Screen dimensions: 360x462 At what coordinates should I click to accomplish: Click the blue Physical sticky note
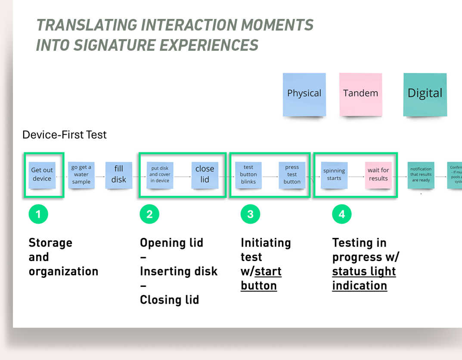(304, 94)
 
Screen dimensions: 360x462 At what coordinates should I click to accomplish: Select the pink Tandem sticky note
(360, 94)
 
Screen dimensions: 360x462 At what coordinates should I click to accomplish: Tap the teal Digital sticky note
(425, 94)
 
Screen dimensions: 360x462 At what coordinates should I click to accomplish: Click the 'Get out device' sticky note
(42, 175)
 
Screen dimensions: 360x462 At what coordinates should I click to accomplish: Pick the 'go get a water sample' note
(81, 175)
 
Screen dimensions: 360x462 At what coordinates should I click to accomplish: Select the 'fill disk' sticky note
(119, 175)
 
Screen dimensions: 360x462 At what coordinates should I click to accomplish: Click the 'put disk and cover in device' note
(160, 175)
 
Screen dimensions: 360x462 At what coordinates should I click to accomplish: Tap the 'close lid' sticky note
(205, 175)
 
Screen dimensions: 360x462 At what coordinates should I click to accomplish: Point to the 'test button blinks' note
(248, 175)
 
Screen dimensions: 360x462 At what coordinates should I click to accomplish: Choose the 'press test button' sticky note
(292, 175)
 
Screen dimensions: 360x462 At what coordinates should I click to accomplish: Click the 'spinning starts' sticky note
(334, 175)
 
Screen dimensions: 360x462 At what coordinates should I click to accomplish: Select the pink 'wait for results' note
(378, 175)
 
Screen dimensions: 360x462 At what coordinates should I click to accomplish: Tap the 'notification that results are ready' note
(421, 175)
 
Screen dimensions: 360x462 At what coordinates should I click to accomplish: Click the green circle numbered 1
(38, 214)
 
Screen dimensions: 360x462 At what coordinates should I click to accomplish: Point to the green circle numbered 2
(149, 214)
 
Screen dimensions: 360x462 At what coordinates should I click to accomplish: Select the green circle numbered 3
(250, 214)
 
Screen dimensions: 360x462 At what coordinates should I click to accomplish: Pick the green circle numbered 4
(342, 214)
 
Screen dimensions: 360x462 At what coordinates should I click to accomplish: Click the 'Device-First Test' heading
(65, 135)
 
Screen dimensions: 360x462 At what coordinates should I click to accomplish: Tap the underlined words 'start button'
(261, 279)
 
